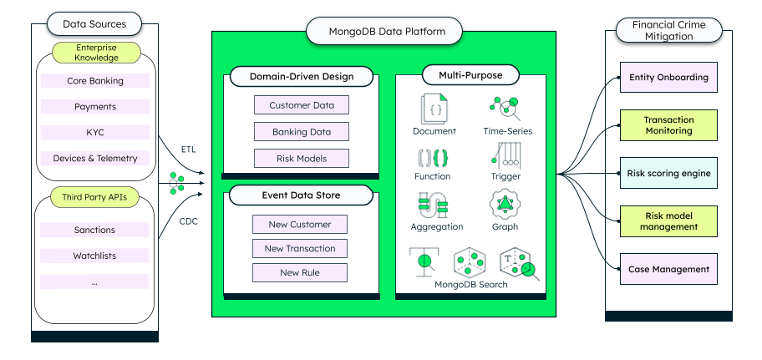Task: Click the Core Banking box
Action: [94, 81]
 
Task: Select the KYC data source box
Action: [94, 132]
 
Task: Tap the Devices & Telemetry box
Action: [94, 158]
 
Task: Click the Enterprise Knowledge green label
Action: [95, 53]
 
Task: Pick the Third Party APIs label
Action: [94, 198]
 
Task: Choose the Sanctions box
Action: [94, 230]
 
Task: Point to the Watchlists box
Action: [94, 256]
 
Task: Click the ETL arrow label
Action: [190, 149]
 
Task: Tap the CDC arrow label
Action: [190, 221]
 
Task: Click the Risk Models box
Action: [301, 158]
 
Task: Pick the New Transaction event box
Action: [299, 248]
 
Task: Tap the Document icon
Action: [434, 109]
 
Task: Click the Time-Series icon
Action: [506, 109]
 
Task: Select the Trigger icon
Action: [506, 155]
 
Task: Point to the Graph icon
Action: [505, 204]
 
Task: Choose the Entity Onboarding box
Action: [668, 78]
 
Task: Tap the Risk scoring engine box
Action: [668, 174]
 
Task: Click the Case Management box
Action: [668, 269]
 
